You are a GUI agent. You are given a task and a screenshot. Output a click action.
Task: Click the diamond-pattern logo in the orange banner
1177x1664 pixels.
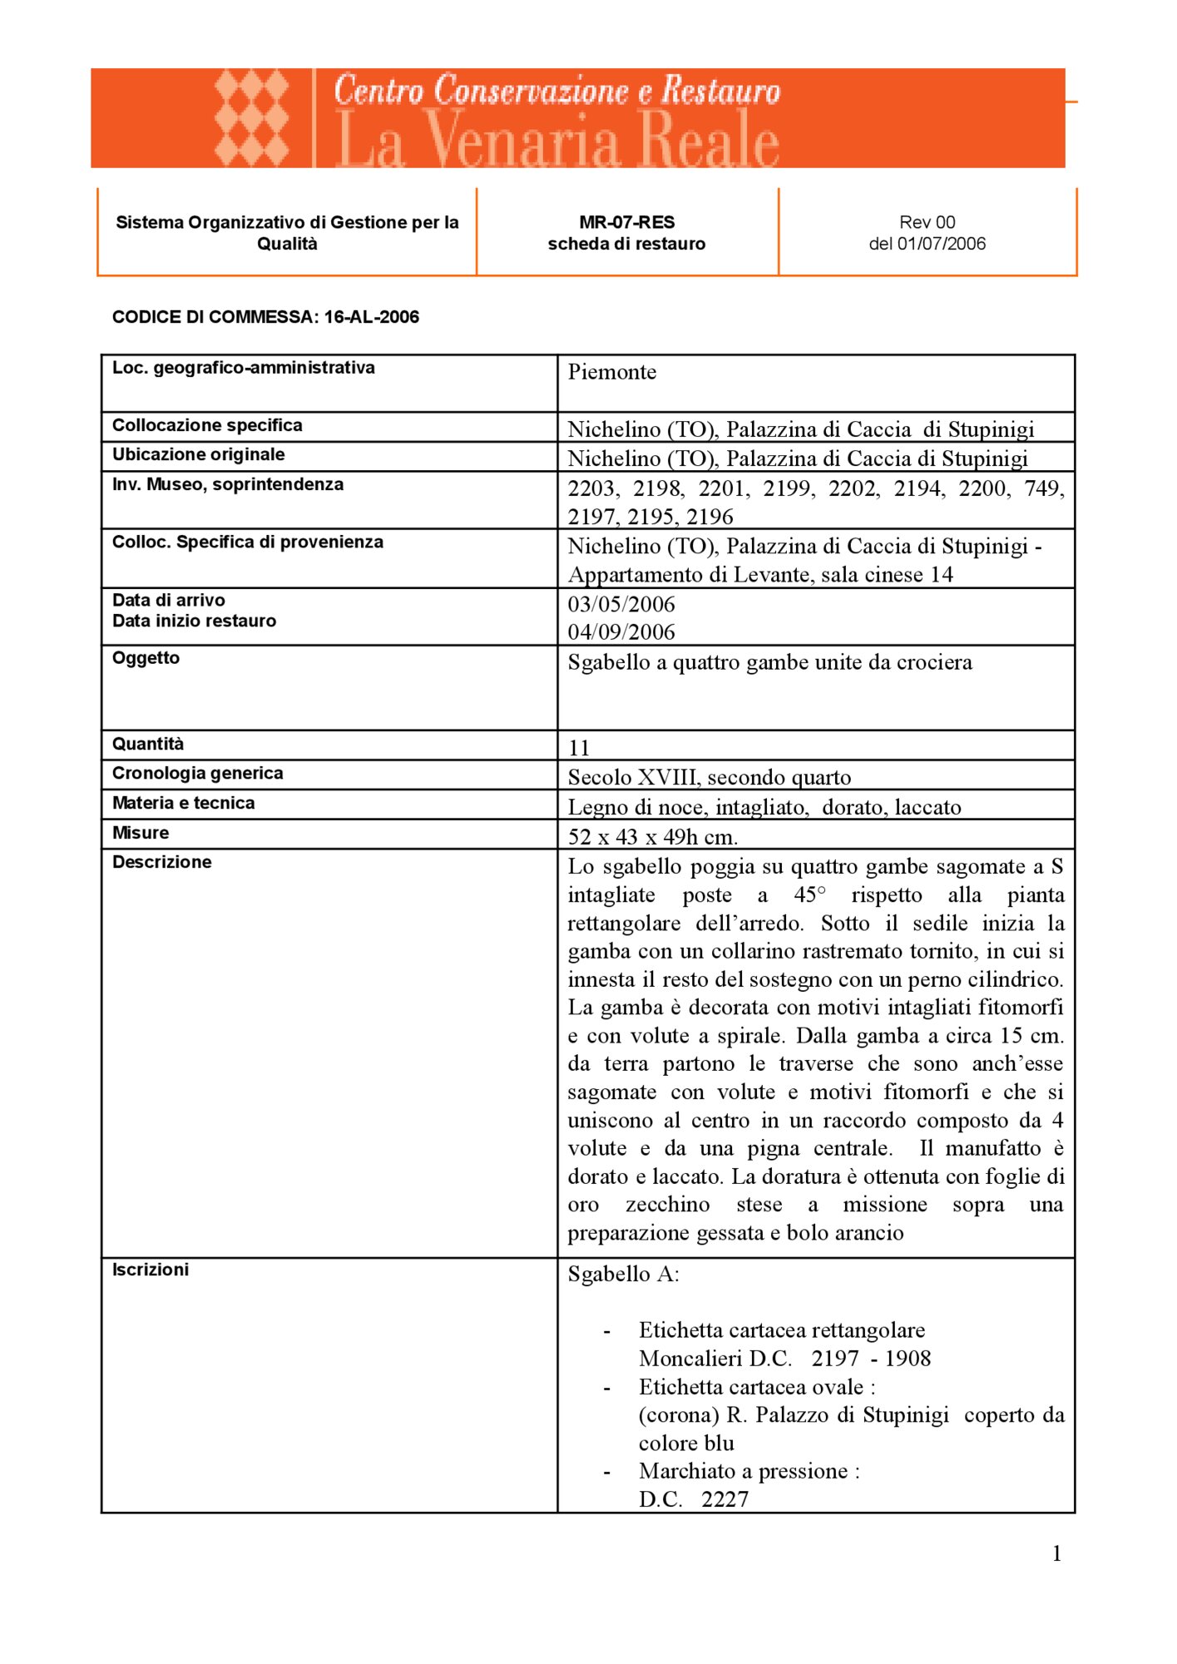pos(251,118)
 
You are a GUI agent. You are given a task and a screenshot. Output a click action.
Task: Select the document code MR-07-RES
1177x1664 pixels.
pos(626,222)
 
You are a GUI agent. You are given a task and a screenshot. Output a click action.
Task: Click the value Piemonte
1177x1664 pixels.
pos(611,372)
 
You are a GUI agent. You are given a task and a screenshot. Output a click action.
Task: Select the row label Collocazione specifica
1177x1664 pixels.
pos(207,425)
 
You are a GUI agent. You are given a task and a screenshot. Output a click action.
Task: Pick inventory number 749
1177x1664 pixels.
pos(1043,488)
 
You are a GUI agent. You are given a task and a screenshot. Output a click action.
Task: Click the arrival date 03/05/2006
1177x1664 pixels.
pos(621,604)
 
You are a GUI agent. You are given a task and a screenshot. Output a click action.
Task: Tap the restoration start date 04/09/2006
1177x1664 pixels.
pos(621,632)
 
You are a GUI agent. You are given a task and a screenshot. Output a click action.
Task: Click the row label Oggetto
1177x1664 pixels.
pos(146,658)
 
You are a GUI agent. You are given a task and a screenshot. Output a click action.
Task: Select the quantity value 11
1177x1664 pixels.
pos(579,748)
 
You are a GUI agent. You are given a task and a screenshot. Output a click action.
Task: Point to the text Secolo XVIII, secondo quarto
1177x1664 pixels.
pos(709,777)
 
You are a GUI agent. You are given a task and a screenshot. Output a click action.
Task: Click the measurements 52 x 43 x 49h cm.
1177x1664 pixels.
pos(652,837)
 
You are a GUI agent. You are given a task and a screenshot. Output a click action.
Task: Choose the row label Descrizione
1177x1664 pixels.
pos(161,862)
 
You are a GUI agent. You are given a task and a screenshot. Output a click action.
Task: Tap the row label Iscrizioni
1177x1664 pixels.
pos(151,1270)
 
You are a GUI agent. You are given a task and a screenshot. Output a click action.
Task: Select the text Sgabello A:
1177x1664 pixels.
pos(623,1275)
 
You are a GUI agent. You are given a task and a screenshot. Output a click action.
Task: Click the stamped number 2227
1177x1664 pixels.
pos(724,1499)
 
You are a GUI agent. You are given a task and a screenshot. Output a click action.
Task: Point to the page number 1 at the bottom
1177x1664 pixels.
pos(1056,1553)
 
